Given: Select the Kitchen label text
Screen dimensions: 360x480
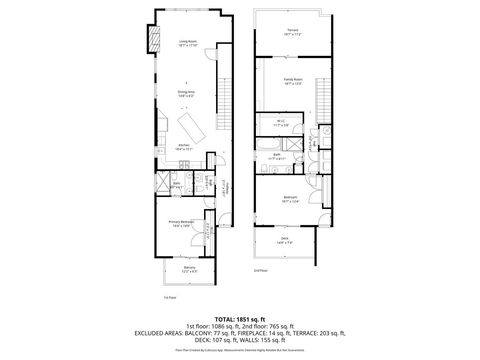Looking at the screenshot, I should pyautogui.click(x=184, y=146).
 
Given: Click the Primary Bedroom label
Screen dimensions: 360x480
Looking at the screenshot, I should pyautogui.click(x=181, y=224).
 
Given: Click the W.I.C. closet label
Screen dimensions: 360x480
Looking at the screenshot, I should pyautogui.click(x=281, y=123).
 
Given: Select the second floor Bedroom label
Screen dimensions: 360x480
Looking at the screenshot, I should pyautogui.click(x=291, y=198).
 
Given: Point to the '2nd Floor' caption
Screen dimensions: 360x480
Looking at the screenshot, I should pyautogui.click(x=260, y=271).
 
